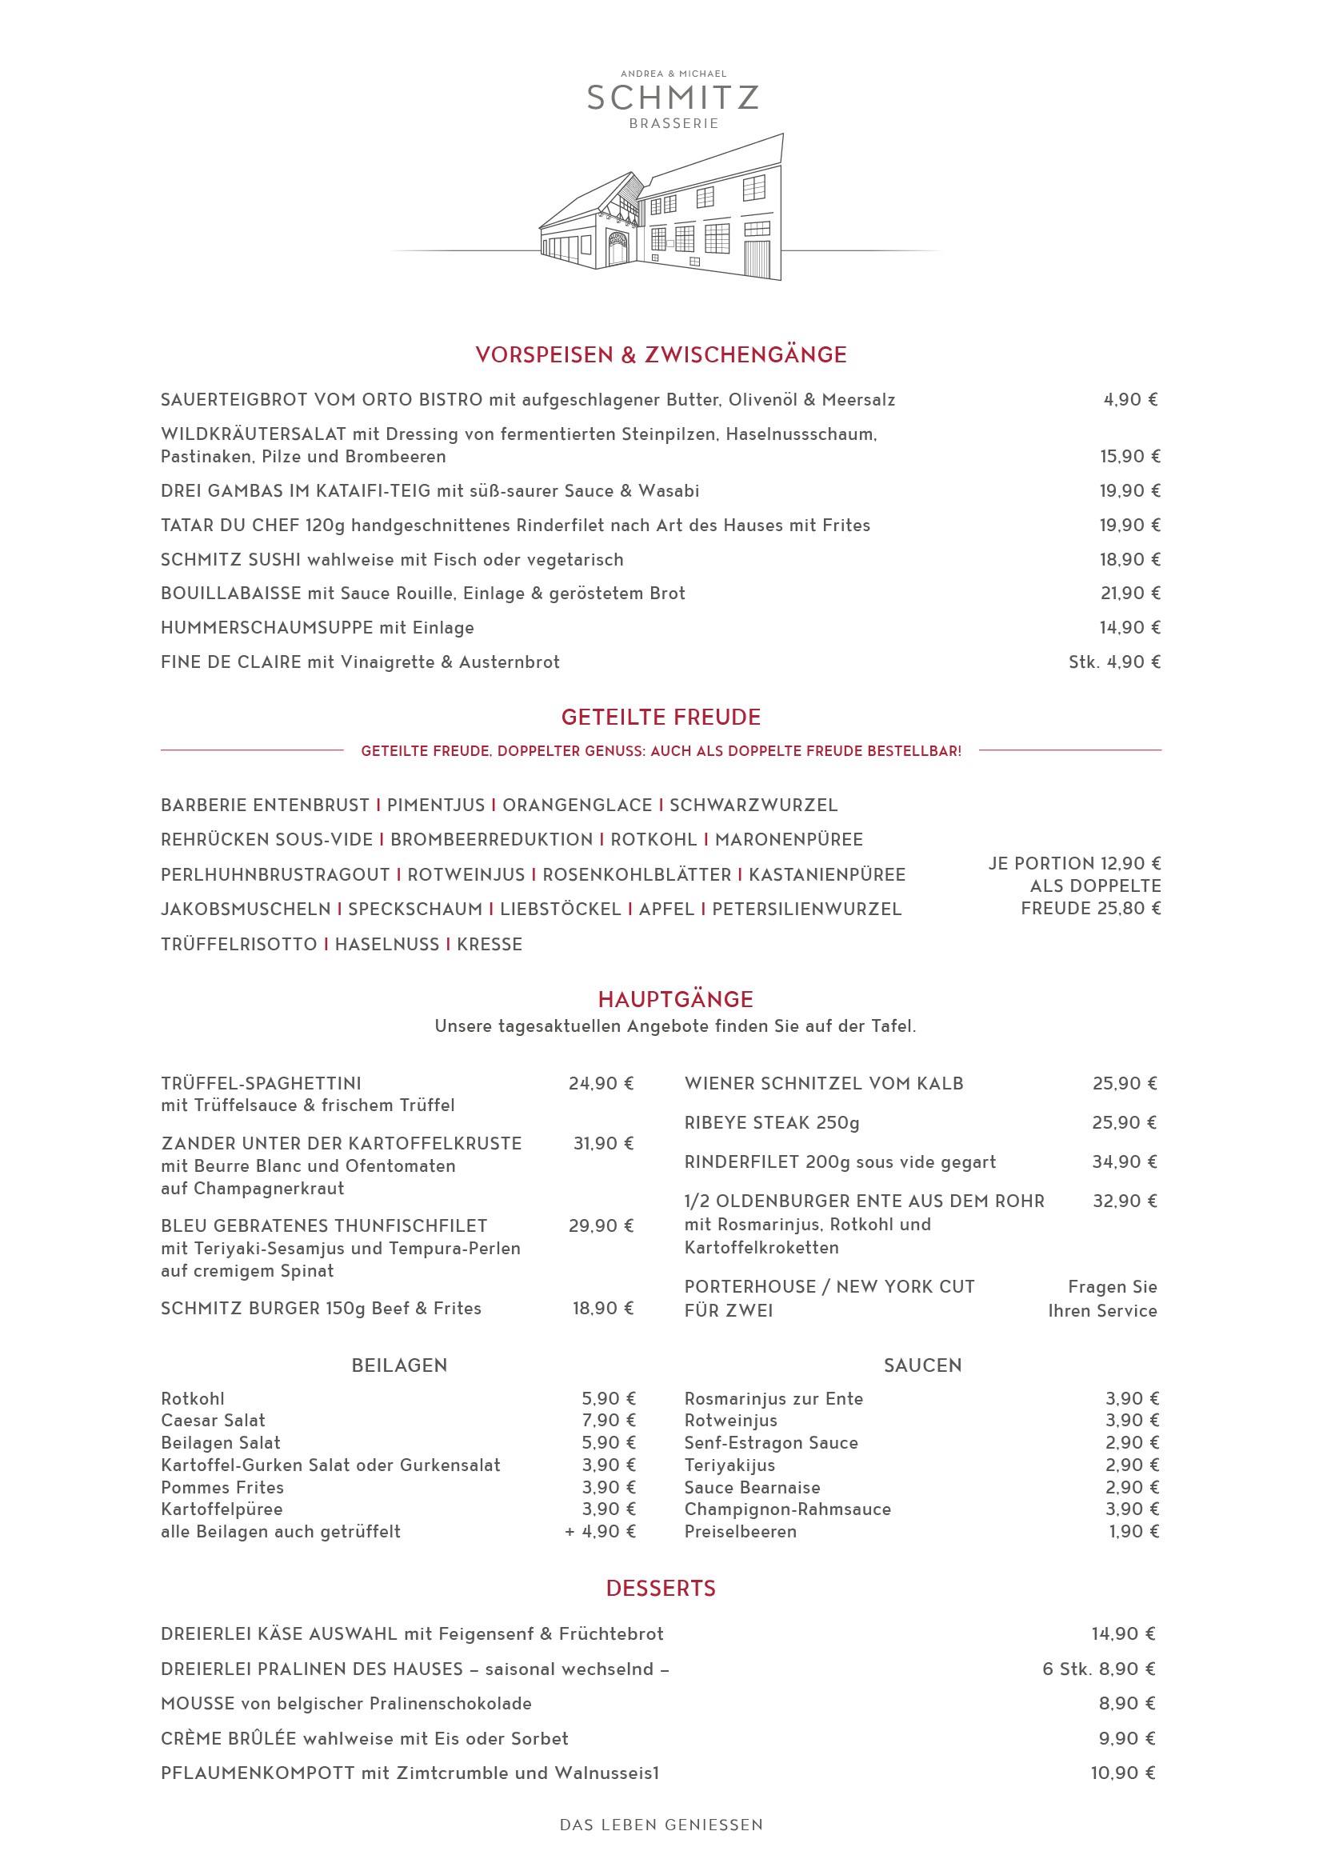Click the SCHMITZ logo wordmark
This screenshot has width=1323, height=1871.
tap(673, 98)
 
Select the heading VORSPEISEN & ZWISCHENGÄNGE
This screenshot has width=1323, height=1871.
tap(661, 355)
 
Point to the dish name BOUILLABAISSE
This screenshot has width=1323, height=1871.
tap(230, 594)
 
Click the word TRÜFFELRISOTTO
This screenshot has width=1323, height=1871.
tap(238, 945)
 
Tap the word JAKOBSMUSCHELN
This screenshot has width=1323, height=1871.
tap(246, 910)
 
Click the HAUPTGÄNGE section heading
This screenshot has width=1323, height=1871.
tap(675, 1000)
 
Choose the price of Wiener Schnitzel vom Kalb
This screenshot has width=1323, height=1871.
tap(1124, 1084)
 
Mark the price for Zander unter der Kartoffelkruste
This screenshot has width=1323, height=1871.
tap(603, 1144)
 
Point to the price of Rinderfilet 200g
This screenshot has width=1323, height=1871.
tap(1124, 1162)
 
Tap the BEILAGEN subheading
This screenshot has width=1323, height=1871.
tap(399, 1365)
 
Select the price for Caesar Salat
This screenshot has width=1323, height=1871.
tap(608, 1421)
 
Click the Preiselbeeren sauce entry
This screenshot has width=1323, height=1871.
tap(741, 1532)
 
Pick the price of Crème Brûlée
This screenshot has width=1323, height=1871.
tap(1127, 1739)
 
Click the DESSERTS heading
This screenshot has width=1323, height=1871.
tap(661, 1589)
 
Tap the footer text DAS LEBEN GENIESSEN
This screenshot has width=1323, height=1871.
tap(661, 1825)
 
